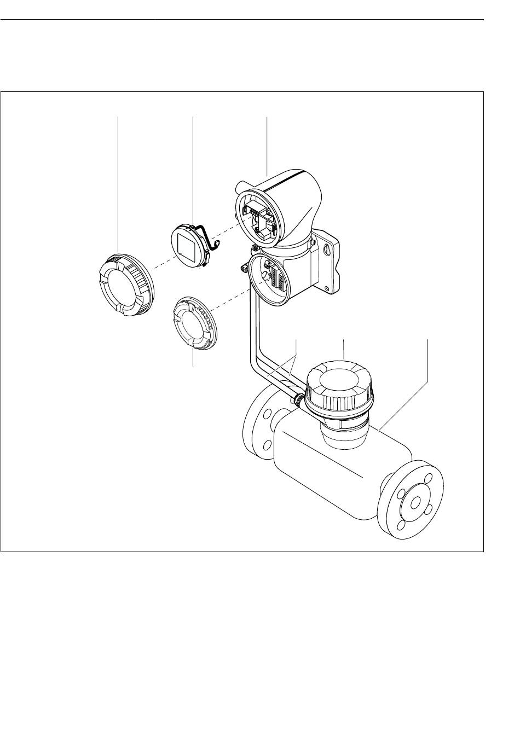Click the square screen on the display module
click(x=187, y=245)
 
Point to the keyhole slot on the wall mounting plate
click(x=327, y=248)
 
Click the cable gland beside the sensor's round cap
click(x=297, y=399)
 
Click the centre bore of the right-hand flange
click(x=414, y=503)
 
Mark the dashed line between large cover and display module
click(x=159, y=265)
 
